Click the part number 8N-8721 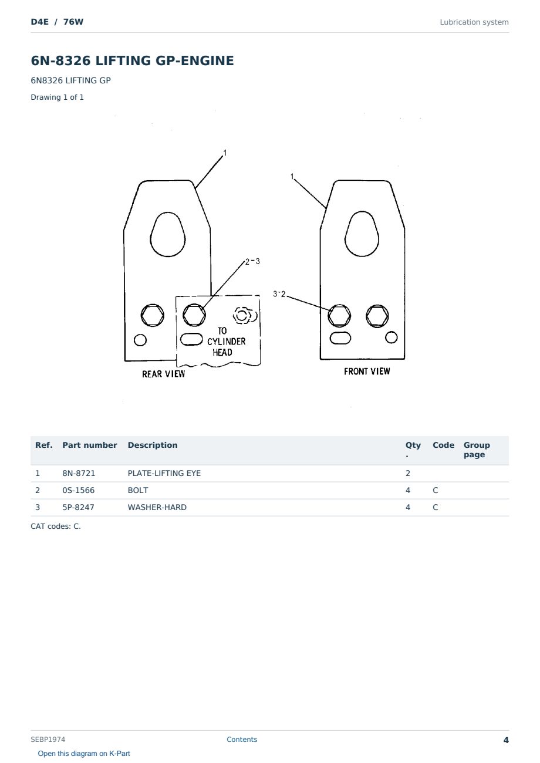click(x=79, y=473)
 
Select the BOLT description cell click(x=137, y=490)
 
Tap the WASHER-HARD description click(x=157, y=507)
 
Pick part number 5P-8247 click(x=78, y=507)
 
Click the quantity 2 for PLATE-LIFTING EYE click(x=408, y=473)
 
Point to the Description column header click(x=153, y=445)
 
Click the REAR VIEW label click(x=164, y=374)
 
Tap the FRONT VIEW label click(x=367, y=372)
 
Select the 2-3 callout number click(x=252, y=261)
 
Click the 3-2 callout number click(x=279, y=293)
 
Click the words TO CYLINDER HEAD click(x=226, y=342)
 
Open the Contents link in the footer click(x=242, y=739)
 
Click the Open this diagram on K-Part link click(x=84, y=753)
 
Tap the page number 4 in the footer click(x=506, y=740)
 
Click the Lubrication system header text click(x=474, y=22)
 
